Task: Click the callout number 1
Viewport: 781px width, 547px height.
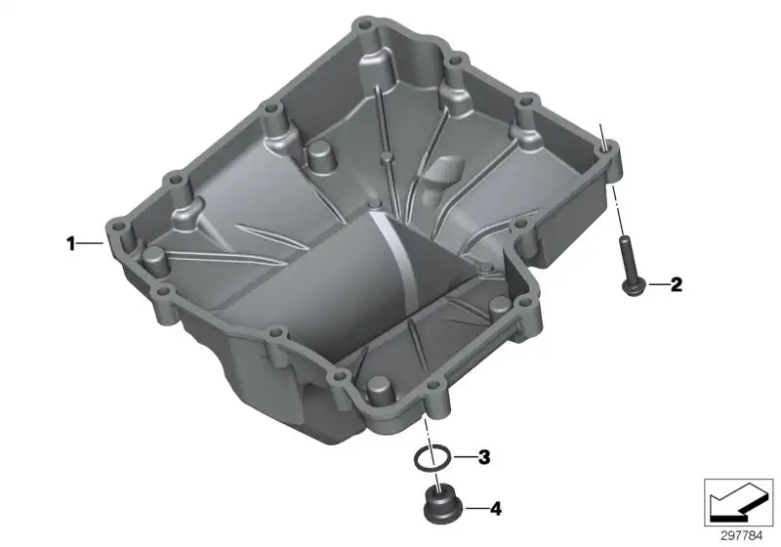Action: [70, 243]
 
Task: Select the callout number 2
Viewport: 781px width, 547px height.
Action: [676, 285]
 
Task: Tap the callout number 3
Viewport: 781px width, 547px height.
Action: [484, 457]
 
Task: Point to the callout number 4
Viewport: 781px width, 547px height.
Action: [496, 509]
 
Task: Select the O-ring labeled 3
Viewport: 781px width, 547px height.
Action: [432, 458]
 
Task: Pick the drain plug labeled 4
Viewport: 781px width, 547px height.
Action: [441, 506]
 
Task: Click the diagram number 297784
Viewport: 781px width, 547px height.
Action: [741, 536]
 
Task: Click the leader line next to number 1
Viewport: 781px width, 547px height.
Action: [90, 243]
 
